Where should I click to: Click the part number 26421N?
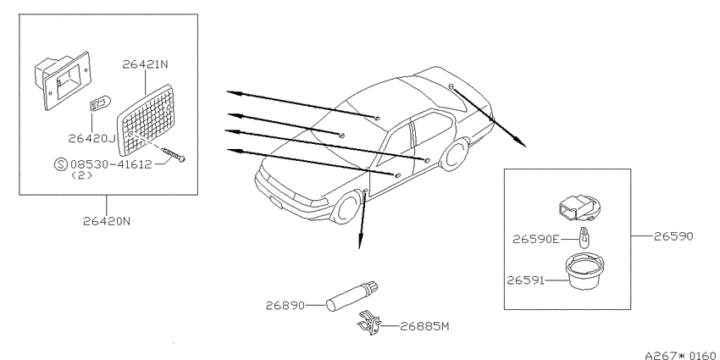click(x=145, y=64)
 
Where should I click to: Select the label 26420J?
click(x=91, y=138)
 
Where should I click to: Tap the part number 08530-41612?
click(x=111, y=164)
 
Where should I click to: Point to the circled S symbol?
click(x=61, y=164)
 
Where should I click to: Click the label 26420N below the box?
click(x=107, y=221)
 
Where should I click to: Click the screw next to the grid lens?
click(x=173, y=154)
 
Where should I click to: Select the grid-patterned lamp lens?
click(x=146, y=120)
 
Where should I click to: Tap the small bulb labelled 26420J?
click(x=99, y=105)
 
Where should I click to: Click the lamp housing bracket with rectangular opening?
click(x=63, y=80)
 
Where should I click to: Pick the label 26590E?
click(x=536, y=239)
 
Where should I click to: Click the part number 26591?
click(x=525, y=280)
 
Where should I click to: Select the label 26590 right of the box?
click(x=673, y=236)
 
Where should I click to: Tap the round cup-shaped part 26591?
click(x=584, y=272)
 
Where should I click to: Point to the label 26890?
click(x=285, y=305)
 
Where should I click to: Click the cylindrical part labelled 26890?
click(x=352, y=296)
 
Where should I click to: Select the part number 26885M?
click(x=424, y=326)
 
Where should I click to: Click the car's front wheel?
click(x=346, y=208)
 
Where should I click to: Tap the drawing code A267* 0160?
click(x=680, y=356)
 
